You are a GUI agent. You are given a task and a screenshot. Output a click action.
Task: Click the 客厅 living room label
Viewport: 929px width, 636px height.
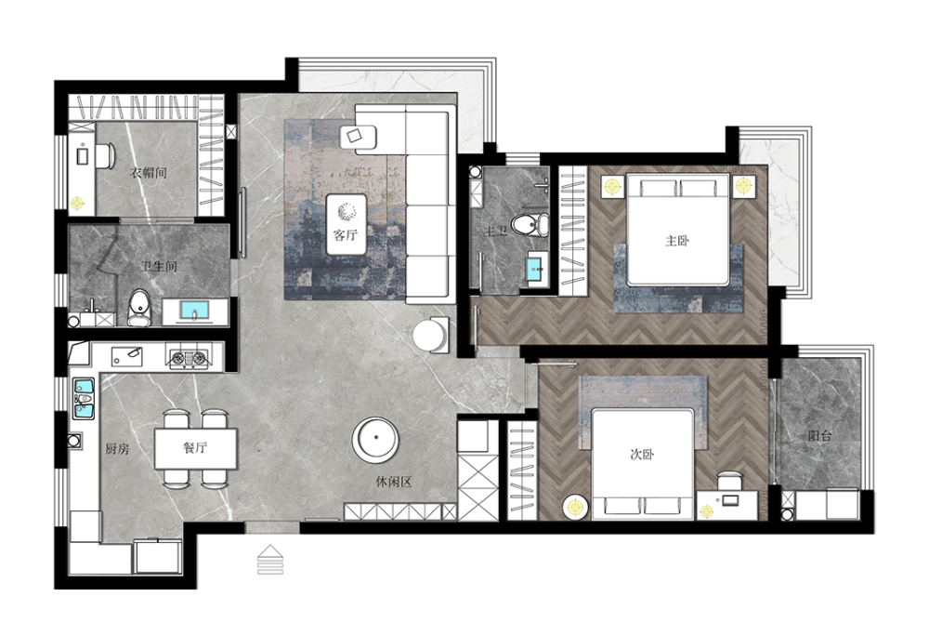pyautogui.click(x=346, y=234)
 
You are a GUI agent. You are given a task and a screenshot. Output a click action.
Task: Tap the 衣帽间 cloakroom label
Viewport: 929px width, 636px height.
pyautogui.click(x=148, y=173)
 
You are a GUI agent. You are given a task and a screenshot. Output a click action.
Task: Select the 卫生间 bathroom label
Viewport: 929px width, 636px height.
pyautogui.click(x=160, y=266)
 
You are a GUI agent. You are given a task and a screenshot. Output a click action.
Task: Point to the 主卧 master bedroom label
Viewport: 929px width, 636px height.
pyautogui.click(x=677, y=241)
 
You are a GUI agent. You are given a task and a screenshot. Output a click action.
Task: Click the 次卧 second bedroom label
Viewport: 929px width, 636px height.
pyautogui.click(x=642, y=455)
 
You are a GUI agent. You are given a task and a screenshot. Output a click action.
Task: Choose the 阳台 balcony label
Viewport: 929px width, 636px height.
pyautogui.click(x=820, y=436)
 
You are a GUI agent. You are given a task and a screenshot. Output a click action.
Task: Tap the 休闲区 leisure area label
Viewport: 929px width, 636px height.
pyautogui.click(x=394, y=482)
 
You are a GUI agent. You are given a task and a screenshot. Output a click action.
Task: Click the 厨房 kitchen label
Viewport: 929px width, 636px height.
pyautogui.click(x=117, y=449)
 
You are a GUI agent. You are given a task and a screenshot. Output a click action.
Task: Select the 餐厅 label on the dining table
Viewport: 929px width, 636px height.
pyautogui.click(x=195, y=447)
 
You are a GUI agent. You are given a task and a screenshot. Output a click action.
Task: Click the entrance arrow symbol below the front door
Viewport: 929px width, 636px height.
pyautogui.click(x=270, y=560)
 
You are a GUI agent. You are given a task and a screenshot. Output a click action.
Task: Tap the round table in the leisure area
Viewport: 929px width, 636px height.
pyautogui.click(x=375, y=440)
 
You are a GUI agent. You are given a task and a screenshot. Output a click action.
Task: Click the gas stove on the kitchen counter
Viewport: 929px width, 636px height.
pyautogui.click(x=189, y=357)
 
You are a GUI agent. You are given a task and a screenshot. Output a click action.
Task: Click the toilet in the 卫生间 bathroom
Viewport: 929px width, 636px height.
pyautogui.click(x=139, y=308)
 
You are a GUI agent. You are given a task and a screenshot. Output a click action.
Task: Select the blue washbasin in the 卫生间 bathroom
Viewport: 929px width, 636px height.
pyautogui.click(x=194, y=311)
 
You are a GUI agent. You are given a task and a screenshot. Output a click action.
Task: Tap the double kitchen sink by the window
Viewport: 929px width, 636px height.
pyautogui.click(x=84, y=399)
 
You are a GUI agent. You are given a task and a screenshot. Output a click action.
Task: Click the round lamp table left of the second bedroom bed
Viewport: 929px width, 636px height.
pyautogui.click(x=575, y=507)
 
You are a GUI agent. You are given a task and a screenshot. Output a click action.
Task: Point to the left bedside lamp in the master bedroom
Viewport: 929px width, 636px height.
pyautogui.click(x=612, y=187)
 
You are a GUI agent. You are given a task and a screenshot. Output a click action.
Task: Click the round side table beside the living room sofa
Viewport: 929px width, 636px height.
pyautogui.click(x=432, y=336)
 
